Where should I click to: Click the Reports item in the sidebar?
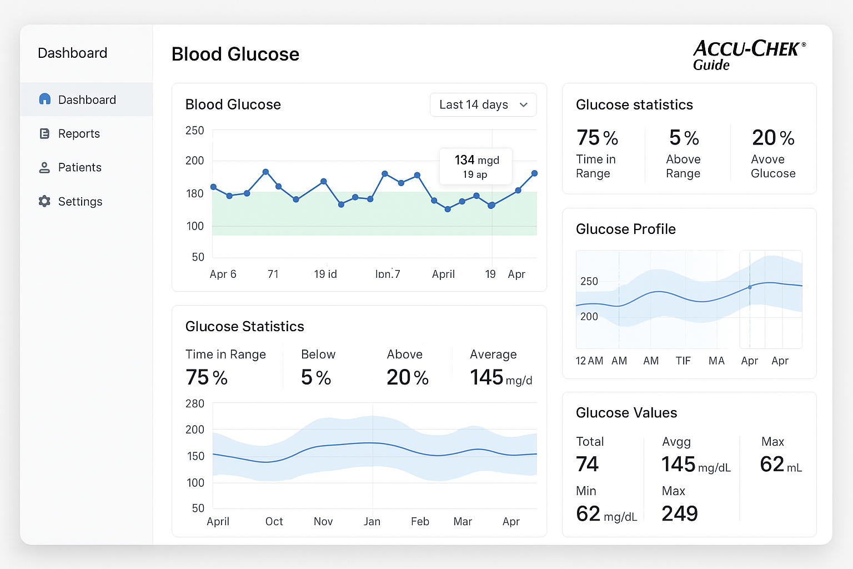78,134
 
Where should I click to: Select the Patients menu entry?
79,168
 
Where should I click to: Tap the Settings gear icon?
44,201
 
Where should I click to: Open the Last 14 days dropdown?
483,105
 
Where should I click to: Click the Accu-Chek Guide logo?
748,55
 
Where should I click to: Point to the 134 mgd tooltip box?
476,166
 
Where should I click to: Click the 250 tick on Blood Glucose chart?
194,131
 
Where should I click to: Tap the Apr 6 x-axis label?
223,274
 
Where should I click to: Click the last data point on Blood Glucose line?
534,173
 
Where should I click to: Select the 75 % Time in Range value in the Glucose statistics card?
597,138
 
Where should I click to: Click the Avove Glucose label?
772,167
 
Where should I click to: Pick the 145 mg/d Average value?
500,377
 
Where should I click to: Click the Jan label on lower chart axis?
372,522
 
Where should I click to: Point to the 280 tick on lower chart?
194,404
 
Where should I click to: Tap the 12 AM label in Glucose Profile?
589,361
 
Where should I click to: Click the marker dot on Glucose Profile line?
750,287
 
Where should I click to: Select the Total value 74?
587,464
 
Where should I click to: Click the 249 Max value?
679,513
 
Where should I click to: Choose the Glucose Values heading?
626,413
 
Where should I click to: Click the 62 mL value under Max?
780,465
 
